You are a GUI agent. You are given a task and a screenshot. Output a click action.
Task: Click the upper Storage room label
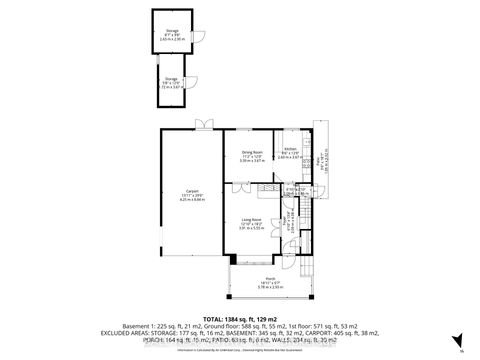172,31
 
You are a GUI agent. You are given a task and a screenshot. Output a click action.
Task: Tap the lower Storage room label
172,78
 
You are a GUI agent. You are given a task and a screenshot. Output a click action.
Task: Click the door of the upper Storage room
200,39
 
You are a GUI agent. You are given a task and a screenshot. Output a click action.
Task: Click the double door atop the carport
204,124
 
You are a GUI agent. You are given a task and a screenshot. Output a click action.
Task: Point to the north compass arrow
459,341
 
